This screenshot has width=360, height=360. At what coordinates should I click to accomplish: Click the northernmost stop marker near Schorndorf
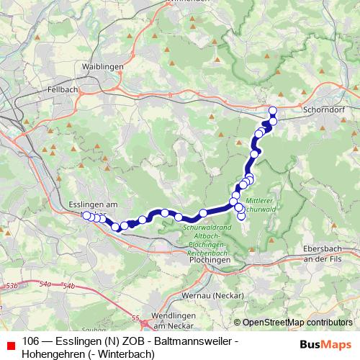pos(272,110)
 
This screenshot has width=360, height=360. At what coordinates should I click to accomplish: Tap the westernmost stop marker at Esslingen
pos(86,215)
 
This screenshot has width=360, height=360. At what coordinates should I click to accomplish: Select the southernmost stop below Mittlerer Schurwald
pos(241,217)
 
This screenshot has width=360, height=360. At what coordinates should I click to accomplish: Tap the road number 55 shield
pos(135,316)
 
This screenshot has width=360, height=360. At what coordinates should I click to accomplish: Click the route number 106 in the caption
pos(31,341)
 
